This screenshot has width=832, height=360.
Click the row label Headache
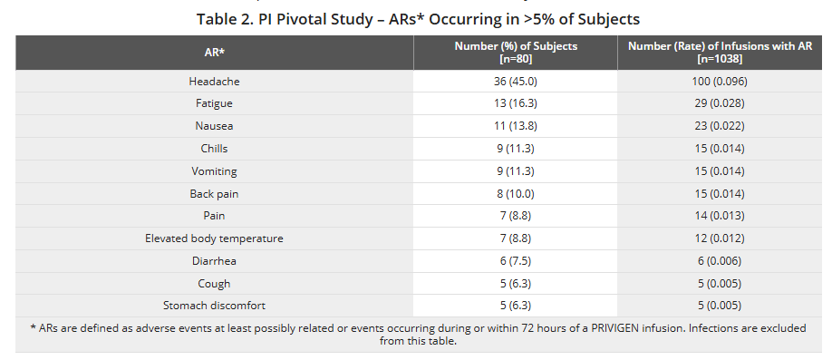[214, 82]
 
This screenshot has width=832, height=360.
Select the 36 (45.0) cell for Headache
[515, 82]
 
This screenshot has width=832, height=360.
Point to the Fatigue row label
[214, 103]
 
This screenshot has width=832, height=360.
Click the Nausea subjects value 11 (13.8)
[515, 126]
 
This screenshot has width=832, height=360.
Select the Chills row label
[214, 149]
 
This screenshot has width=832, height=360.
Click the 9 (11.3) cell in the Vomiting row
[515, 170]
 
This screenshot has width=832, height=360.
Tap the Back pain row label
[214, 193]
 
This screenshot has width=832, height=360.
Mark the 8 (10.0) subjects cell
[515, 193]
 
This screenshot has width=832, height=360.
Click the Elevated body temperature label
[214, 238]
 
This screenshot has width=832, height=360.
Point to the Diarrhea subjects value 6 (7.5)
[515, 260]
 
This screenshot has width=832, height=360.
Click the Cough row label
[214, 283]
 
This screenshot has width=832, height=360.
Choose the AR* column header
[214, 53]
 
